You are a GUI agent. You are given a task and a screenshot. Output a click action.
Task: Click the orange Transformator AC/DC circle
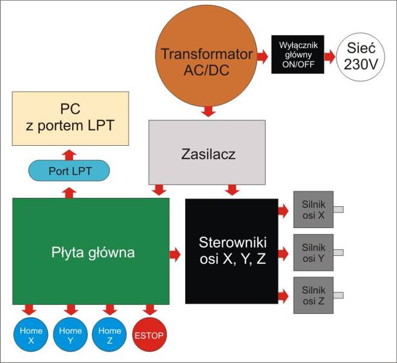(x=206, y=60)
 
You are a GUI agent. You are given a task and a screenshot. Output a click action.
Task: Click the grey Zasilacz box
(x=207, y=152)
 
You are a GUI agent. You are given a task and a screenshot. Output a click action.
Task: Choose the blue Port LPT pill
(x=70, y=171)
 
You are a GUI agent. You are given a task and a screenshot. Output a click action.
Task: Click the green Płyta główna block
(x=91, y=250)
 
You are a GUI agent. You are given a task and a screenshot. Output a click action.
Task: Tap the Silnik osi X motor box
(x=313, y=209)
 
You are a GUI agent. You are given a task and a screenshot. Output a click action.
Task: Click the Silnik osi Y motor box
(x=313, y=252)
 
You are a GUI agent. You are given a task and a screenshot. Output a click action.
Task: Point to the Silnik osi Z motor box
(x=313, y=295)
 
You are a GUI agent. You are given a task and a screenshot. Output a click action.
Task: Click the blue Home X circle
(x=31, y=335)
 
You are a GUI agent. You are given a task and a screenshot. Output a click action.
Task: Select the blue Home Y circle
(x=71, y=335)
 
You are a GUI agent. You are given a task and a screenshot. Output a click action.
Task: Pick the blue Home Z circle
(x=110, y=335)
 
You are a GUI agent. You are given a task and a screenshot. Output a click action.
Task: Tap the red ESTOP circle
(x=149, y=335)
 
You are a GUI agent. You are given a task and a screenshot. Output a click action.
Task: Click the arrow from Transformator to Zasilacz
(x=208, y=112)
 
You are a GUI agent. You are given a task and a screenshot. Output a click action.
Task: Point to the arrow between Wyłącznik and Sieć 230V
(x=329, y=56)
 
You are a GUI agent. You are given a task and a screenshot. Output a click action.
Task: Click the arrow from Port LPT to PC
(x=70, y=153)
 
